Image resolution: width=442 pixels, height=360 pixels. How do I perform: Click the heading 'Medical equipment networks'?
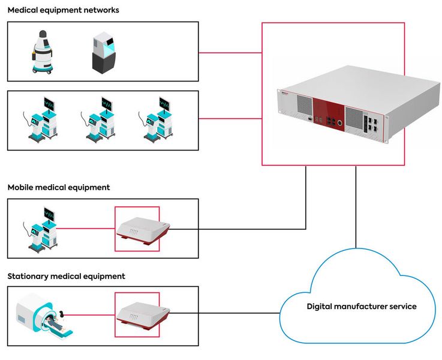coord(63,10)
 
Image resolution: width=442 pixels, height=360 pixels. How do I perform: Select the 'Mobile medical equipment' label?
coord(59,187)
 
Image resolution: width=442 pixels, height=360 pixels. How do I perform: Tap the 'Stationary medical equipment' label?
coord(66,277)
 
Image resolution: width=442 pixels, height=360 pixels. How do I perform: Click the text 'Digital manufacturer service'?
coord(361,307)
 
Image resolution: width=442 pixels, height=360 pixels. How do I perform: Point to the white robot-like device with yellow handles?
coord(41,53)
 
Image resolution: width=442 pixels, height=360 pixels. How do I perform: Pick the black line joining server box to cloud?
coord(356,204)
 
